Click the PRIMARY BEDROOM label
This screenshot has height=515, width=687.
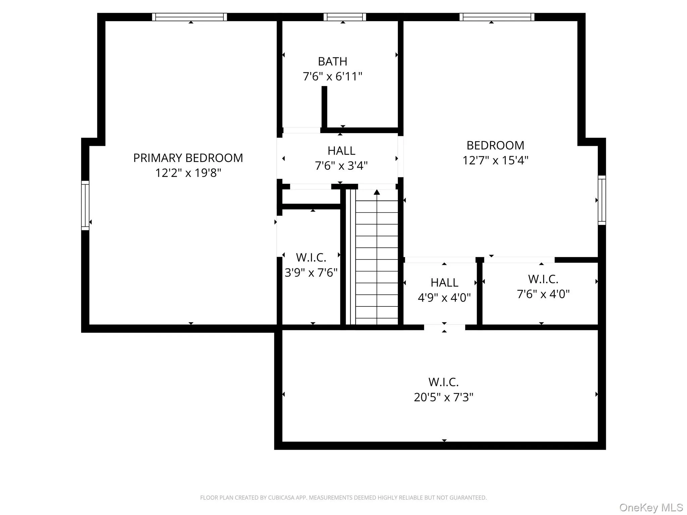(x=188, y=158)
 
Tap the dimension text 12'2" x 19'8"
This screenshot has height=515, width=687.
(x=188, y=173)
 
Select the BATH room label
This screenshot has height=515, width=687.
(x=332, y=62)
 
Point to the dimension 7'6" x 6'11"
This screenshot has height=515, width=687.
(x=332, y=77)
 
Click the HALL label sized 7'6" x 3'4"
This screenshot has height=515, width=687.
(x=341, y=151)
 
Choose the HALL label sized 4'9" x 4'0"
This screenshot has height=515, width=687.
(x=444, y=283)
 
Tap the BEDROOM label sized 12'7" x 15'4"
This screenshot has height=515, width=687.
(x=495, y=146)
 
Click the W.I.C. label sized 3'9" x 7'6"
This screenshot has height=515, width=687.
(x=311, y=257)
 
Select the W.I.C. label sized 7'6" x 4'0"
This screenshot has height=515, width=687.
(x=543, y=279)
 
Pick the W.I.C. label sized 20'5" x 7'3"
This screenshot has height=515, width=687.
(x=443, y=382)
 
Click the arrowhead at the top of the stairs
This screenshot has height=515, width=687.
(x=377, y=192)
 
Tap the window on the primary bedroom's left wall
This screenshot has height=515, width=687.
(x=85, y=205)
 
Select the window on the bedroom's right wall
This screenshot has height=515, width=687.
(x=602, y=200)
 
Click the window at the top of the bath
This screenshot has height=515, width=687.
(x=345, y=17)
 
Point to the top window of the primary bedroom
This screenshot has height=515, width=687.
(x=190, y=17)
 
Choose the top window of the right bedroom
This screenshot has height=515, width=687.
(x=497, y=17)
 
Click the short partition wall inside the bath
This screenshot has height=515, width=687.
(x=324, y=107)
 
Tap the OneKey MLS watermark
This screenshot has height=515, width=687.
(x=651, y=507)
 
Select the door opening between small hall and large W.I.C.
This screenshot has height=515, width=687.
(x=444, y=327)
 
